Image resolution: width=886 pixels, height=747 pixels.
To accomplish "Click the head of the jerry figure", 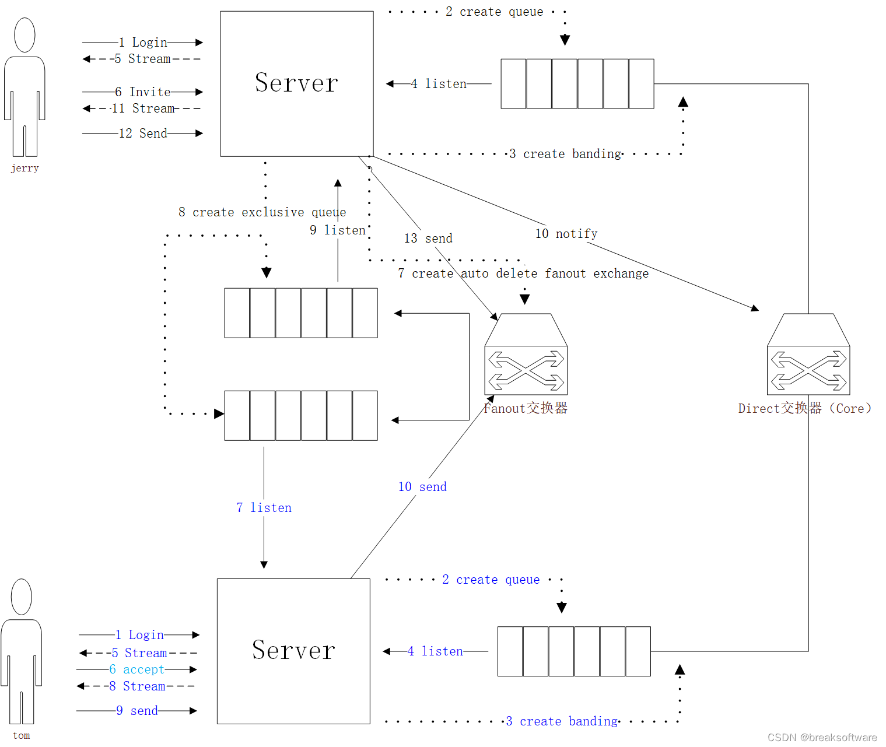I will [24, 35].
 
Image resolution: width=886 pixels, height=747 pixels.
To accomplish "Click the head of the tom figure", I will [22, 597].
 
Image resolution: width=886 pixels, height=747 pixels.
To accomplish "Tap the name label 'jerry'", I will [24, 168].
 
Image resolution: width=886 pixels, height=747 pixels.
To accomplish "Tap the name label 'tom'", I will [21, 735].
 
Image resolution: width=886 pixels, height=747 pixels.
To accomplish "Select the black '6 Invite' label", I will [143, 92].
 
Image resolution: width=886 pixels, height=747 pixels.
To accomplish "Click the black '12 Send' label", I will [143, 134].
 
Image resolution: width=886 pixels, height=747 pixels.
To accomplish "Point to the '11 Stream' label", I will [143, 108].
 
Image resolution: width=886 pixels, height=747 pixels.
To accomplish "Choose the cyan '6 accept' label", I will [137, 669].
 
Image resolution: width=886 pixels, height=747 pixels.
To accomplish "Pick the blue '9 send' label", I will [137, 711].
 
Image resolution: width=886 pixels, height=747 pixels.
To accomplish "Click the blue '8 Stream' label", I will [137, 686].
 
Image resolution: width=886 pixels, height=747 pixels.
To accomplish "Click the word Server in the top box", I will [296, 83].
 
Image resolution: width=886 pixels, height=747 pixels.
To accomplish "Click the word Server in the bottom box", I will [293, 650].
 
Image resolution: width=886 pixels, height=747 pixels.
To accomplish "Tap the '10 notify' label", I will [566, 234].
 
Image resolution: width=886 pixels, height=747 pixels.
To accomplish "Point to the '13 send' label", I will [428, 239].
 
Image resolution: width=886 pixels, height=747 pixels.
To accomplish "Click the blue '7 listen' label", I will [264, 508].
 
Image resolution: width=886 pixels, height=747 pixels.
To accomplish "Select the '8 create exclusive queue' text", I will [262, 212].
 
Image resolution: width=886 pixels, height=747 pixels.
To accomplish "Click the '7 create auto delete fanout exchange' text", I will [523, 273].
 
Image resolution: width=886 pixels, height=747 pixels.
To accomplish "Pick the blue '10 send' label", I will [422, 487].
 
